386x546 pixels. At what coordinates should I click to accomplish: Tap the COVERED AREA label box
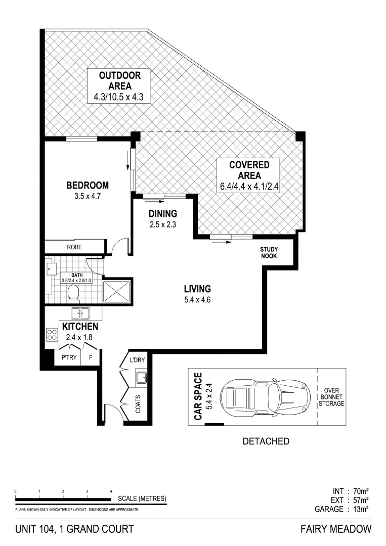pos(249,170)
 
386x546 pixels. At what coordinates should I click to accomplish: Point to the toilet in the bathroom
pos(74,293)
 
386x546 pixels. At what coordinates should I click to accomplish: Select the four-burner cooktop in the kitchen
pos(52,335)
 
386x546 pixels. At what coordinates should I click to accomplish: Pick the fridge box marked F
pos(91,357)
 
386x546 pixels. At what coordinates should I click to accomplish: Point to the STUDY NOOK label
pos(269,253)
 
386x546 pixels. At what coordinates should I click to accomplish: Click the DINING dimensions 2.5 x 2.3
pos(162,223)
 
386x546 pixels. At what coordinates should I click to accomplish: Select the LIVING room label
pos(197,289)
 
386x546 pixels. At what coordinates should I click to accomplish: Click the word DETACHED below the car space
pos(266,441)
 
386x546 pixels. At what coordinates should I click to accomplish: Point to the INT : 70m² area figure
pos(351,491)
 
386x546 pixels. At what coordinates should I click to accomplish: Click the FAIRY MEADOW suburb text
pos(336,529)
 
